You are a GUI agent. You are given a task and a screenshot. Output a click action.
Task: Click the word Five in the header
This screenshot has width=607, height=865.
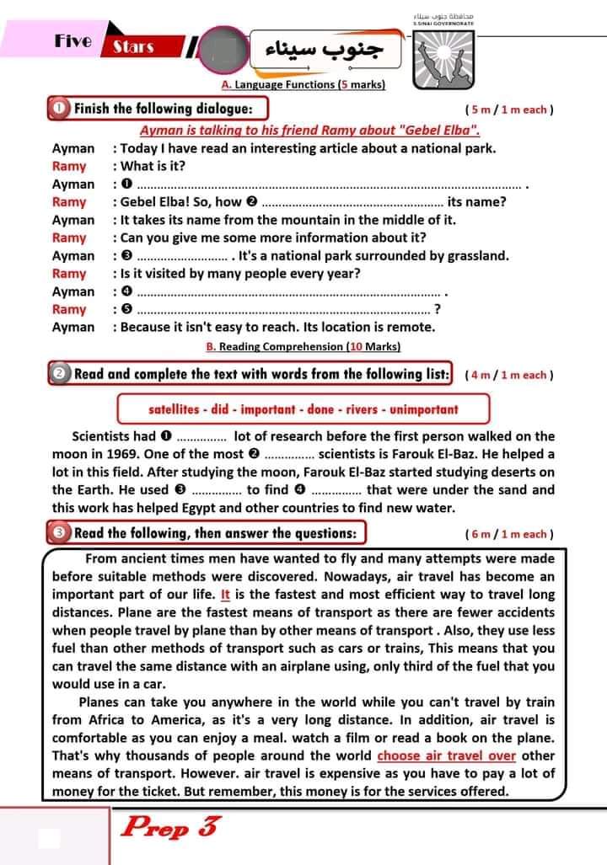coord(73,40)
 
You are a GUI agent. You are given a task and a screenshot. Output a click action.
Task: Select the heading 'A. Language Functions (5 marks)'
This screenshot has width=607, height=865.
coord(303,85)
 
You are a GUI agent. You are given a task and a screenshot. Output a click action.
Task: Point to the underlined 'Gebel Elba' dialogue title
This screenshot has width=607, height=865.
coord(309,131)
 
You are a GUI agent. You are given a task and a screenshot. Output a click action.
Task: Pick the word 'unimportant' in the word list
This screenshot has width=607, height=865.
coord(425,410)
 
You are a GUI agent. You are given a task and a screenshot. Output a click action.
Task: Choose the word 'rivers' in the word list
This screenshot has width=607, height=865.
coord(357,410)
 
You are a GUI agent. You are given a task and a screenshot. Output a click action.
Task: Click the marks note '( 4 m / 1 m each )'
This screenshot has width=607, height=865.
coord(508,375)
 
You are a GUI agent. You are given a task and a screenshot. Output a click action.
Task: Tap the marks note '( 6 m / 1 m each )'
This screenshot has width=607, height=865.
coord(508,534)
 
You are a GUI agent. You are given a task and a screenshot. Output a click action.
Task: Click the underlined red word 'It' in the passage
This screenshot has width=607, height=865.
coord(225,594)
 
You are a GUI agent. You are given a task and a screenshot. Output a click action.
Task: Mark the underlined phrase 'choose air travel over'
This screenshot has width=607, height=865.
coord(446,756)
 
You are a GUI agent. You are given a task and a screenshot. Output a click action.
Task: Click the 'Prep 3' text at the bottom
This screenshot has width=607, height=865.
coord(169,827)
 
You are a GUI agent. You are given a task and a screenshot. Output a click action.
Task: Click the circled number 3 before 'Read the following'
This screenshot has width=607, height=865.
coord(59,533)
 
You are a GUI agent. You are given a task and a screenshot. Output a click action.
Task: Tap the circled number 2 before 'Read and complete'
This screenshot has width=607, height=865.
coord(59,374)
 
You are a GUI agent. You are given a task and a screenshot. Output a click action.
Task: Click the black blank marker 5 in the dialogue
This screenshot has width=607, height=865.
coord(127,309)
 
